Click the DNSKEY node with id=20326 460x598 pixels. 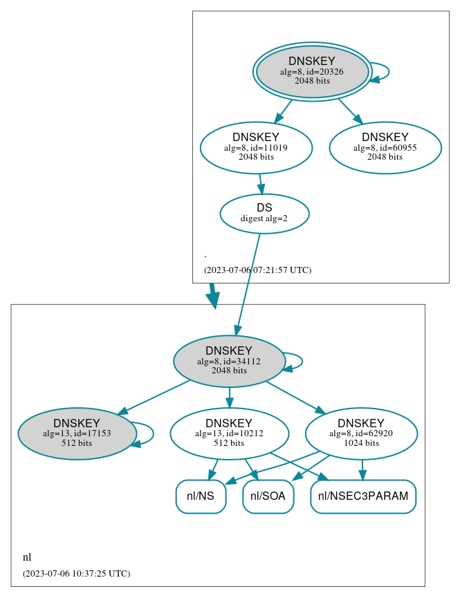(x=312, y=71)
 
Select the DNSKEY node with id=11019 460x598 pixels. (x=256, y=147)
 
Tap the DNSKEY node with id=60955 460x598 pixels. (x=385, y=147)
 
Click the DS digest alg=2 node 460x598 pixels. (x=264, y=213)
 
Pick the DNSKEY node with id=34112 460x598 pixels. (x=229, y=361)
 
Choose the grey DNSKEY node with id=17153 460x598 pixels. (x=77, y=433)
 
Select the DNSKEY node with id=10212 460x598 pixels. (x=229, y=433)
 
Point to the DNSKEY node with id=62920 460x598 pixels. (x=361, y=433)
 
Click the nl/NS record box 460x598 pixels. (x=201, y=496)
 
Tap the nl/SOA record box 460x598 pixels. (x=268, y=496)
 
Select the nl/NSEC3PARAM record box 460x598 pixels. (x=363, y=496)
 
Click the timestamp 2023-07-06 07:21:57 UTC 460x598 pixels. (x=257, y=270)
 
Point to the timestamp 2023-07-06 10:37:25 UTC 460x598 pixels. (x=76, y=573)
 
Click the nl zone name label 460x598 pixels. (x=27, y=557)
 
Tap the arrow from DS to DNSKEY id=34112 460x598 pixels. (x=248, y=283)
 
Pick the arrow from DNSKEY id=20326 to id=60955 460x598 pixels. (x=349, y=111)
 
